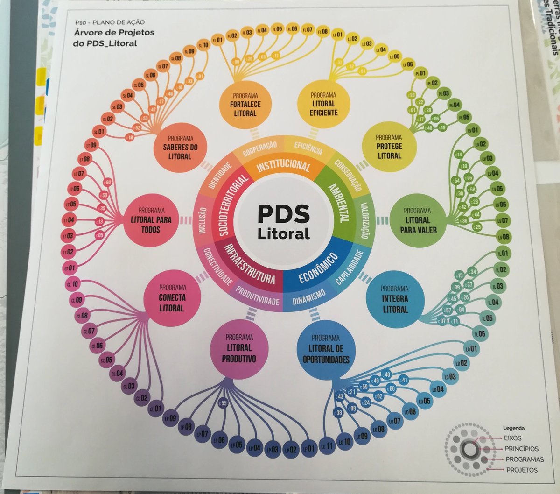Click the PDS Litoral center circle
click(x=283, y=221)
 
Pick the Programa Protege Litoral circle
click(x=389, y=146)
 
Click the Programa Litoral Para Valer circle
click(x=417, y=220)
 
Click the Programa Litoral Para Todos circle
click(x=151, y=220)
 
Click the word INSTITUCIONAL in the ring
click(x=283, y=166)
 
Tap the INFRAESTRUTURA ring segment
click(x=250, y=263)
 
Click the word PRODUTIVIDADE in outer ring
click(x=257, y=301)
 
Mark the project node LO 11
click(x=328, y=445)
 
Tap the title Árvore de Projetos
click(x=114, y=33)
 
